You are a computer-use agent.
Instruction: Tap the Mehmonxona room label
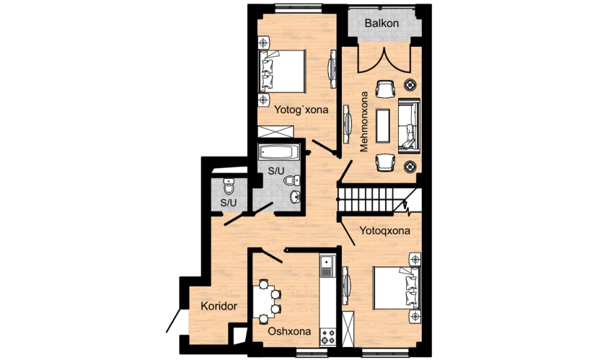tap(364, 122)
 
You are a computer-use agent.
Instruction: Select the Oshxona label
tap(289, 331)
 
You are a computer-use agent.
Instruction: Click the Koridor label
tap(219, 306)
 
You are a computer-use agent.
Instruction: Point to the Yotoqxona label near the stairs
tap(384, 231)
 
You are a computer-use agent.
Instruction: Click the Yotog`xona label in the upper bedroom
tap(301, 110)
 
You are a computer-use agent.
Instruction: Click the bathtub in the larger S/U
tap(279, 152)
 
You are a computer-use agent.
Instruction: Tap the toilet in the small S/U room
tap(229, 186)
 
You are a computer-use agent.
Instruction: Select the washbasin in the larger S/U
tap(295, 197)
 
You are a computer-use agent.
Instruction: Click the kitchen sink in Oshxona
tap(327, 265)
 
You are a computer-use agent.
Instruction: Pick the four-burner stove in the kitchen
tap(327, 336)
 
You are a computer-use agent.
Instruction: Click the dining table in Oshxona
tap(263, 302)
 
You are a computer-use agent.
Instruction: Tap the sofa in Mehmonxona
tap(409, 126)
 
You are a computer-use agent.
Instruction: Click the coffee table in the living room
tap(383, 126)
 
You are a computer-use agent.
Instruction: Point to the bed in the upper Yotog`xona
tap(282, 71)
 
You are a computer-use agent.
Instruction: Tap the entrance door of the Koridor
tap(174, 320)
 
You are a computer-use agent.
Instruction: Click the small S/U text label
tap(229, 203)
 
